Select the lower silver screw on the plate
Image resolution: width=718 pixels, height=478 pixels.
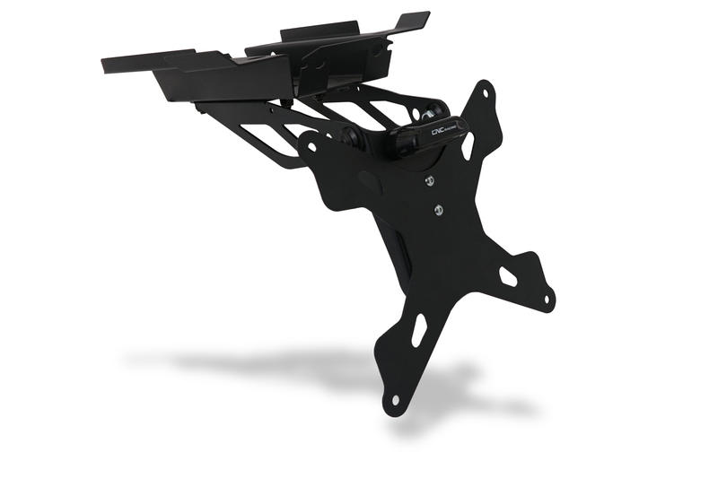(438, 211)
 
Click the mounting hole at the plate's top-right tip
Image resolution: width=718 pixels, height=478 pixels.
(486, 91)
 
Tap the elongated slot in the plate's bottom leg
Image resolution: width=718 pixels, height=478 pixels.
(418, 330)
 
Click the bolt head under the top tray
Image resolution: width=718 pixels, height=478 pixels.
(321, 92)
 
